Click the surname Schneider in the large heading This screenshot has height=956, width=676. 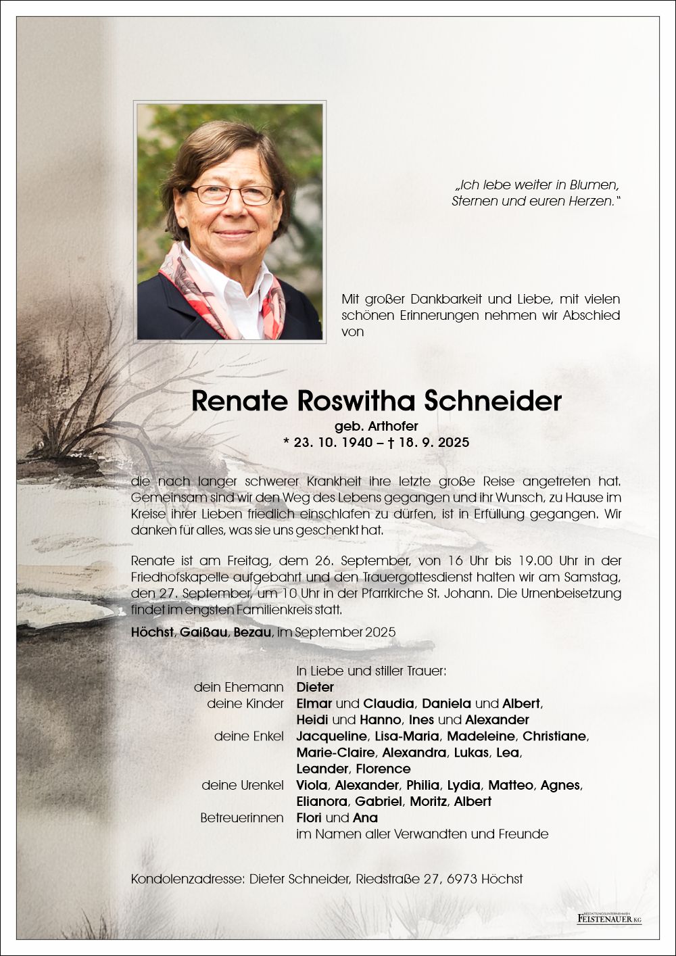[x=493, y=401]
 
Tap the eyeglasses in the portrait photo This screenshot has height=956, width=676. [x=231, y=195]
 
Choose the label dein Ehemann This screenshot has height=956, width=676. [x=239, y=688]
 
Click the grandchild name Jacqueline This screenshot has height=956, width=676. [x=331, y=736]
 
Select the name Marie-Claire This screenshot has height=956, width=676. [x=335, y=752]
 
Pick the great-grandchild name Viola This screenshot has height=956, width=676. [x=312, y=785]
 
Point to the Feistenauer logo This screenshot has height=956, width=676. [x=609, y=918]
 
